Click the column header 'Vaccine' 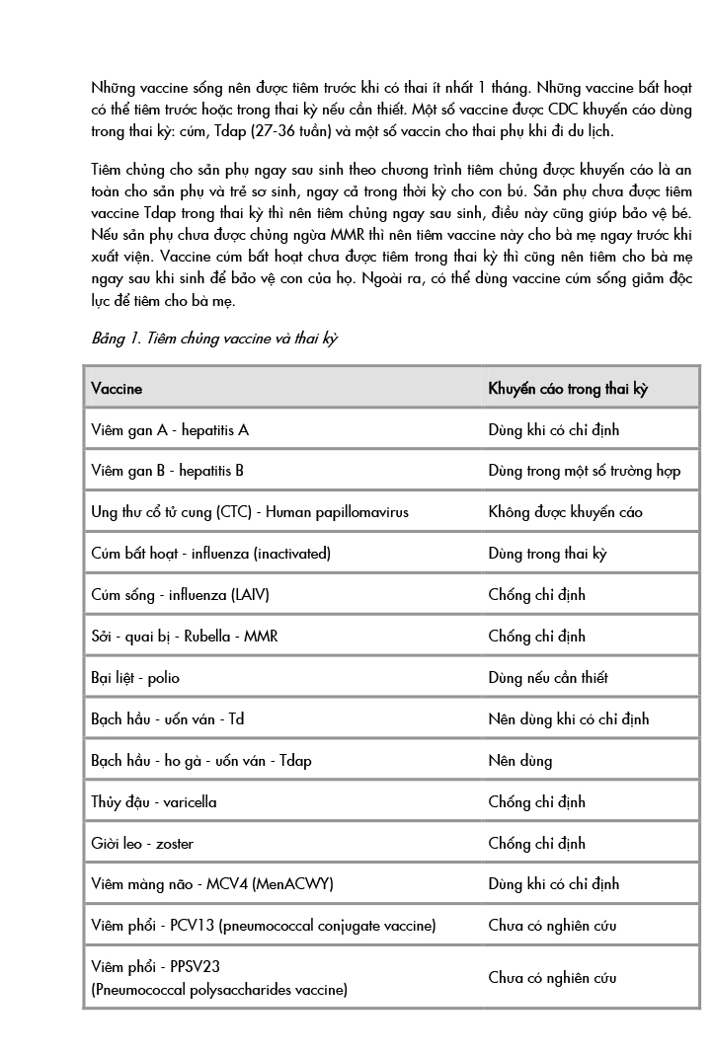point(117,389)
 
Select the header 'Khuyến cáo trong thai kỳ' point(568,389)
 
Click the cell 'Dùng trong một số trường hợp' point(584,471)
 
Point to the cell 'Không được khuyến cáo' point(565,512)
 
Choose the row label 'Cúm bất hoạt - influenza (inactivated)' point(210,554)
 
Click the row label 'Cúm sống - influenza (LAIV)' point(180,595)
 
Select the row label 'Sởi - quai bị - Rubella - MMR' point(185,637)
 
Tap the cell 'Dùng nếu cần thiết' point(548,678)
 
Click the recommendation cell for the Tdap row point(520,761)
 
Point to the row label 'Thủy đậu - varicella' point(154,802)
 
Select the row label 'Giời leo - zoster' point(140,844)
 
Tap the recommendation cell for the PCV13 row point(552,927)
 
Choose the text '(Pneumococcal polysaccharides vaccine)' point(219,989)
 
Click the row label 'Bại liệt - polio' point(135,678)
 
